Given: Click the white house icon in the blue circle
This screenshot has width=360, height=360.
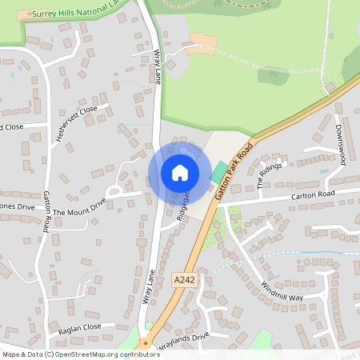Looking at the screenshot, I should pyautogui.click(x=179, y=173).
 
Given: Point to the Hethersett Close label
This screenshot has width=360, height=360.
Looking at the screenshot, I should pyautogui.click(x=77, y=124).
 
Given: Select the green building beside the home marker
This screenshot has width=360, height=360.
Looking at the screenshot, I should pyautogui.click(x=218, y=172).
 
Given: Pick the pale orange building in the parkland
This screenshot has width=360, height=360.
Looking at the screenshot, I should pyautogui.click(x=202, y=41).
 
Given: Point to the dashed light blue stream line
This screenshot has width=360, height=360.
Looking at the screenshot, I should pyautogui.click(x=280, y=257).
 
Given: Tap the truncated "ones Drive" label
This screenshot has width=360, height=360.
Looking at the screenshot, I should pyautogui.click(x=18, y=206).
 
